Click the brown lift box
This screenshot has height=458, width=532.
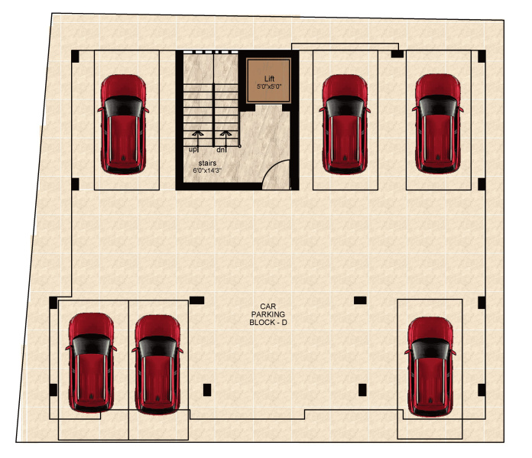pos(269,80)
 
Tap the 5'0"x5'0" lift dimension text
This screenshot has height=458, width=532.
pos(269,86)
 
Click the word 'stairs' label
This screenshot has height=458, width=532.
pos(207,163)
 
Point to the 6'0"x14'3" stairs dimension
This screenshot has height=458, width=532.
pos(207,171)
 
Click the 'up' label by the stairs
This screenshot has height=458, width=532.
pos(193,150)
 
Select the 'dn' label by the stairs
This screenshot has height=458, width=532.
pos(221,150)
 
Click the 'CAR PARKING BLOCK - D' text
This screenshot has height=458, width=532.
pos(268,315)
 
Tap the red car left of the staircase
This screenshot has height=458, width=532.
pos(123,125)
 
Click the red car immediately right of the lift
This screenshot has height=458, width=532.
pos(345,125)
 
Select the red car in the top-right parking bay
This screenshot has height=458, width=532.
pos(438,124)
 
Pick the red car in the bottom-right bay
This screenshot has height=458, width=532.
pos(430,367)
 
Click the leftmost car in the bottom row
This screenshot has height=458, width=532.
pos(91,362)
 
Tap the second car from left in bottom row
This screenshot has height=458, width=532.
pos(157,365)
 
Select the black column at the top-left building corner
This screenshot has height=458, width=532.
pos(75,57)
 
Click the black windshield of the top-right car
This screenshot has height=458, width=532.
pos(438,106)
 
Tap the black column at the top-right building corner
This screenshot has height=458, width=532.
pos(482,57)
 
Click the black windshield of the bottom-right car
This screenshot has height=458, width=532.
pos(430,349)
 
